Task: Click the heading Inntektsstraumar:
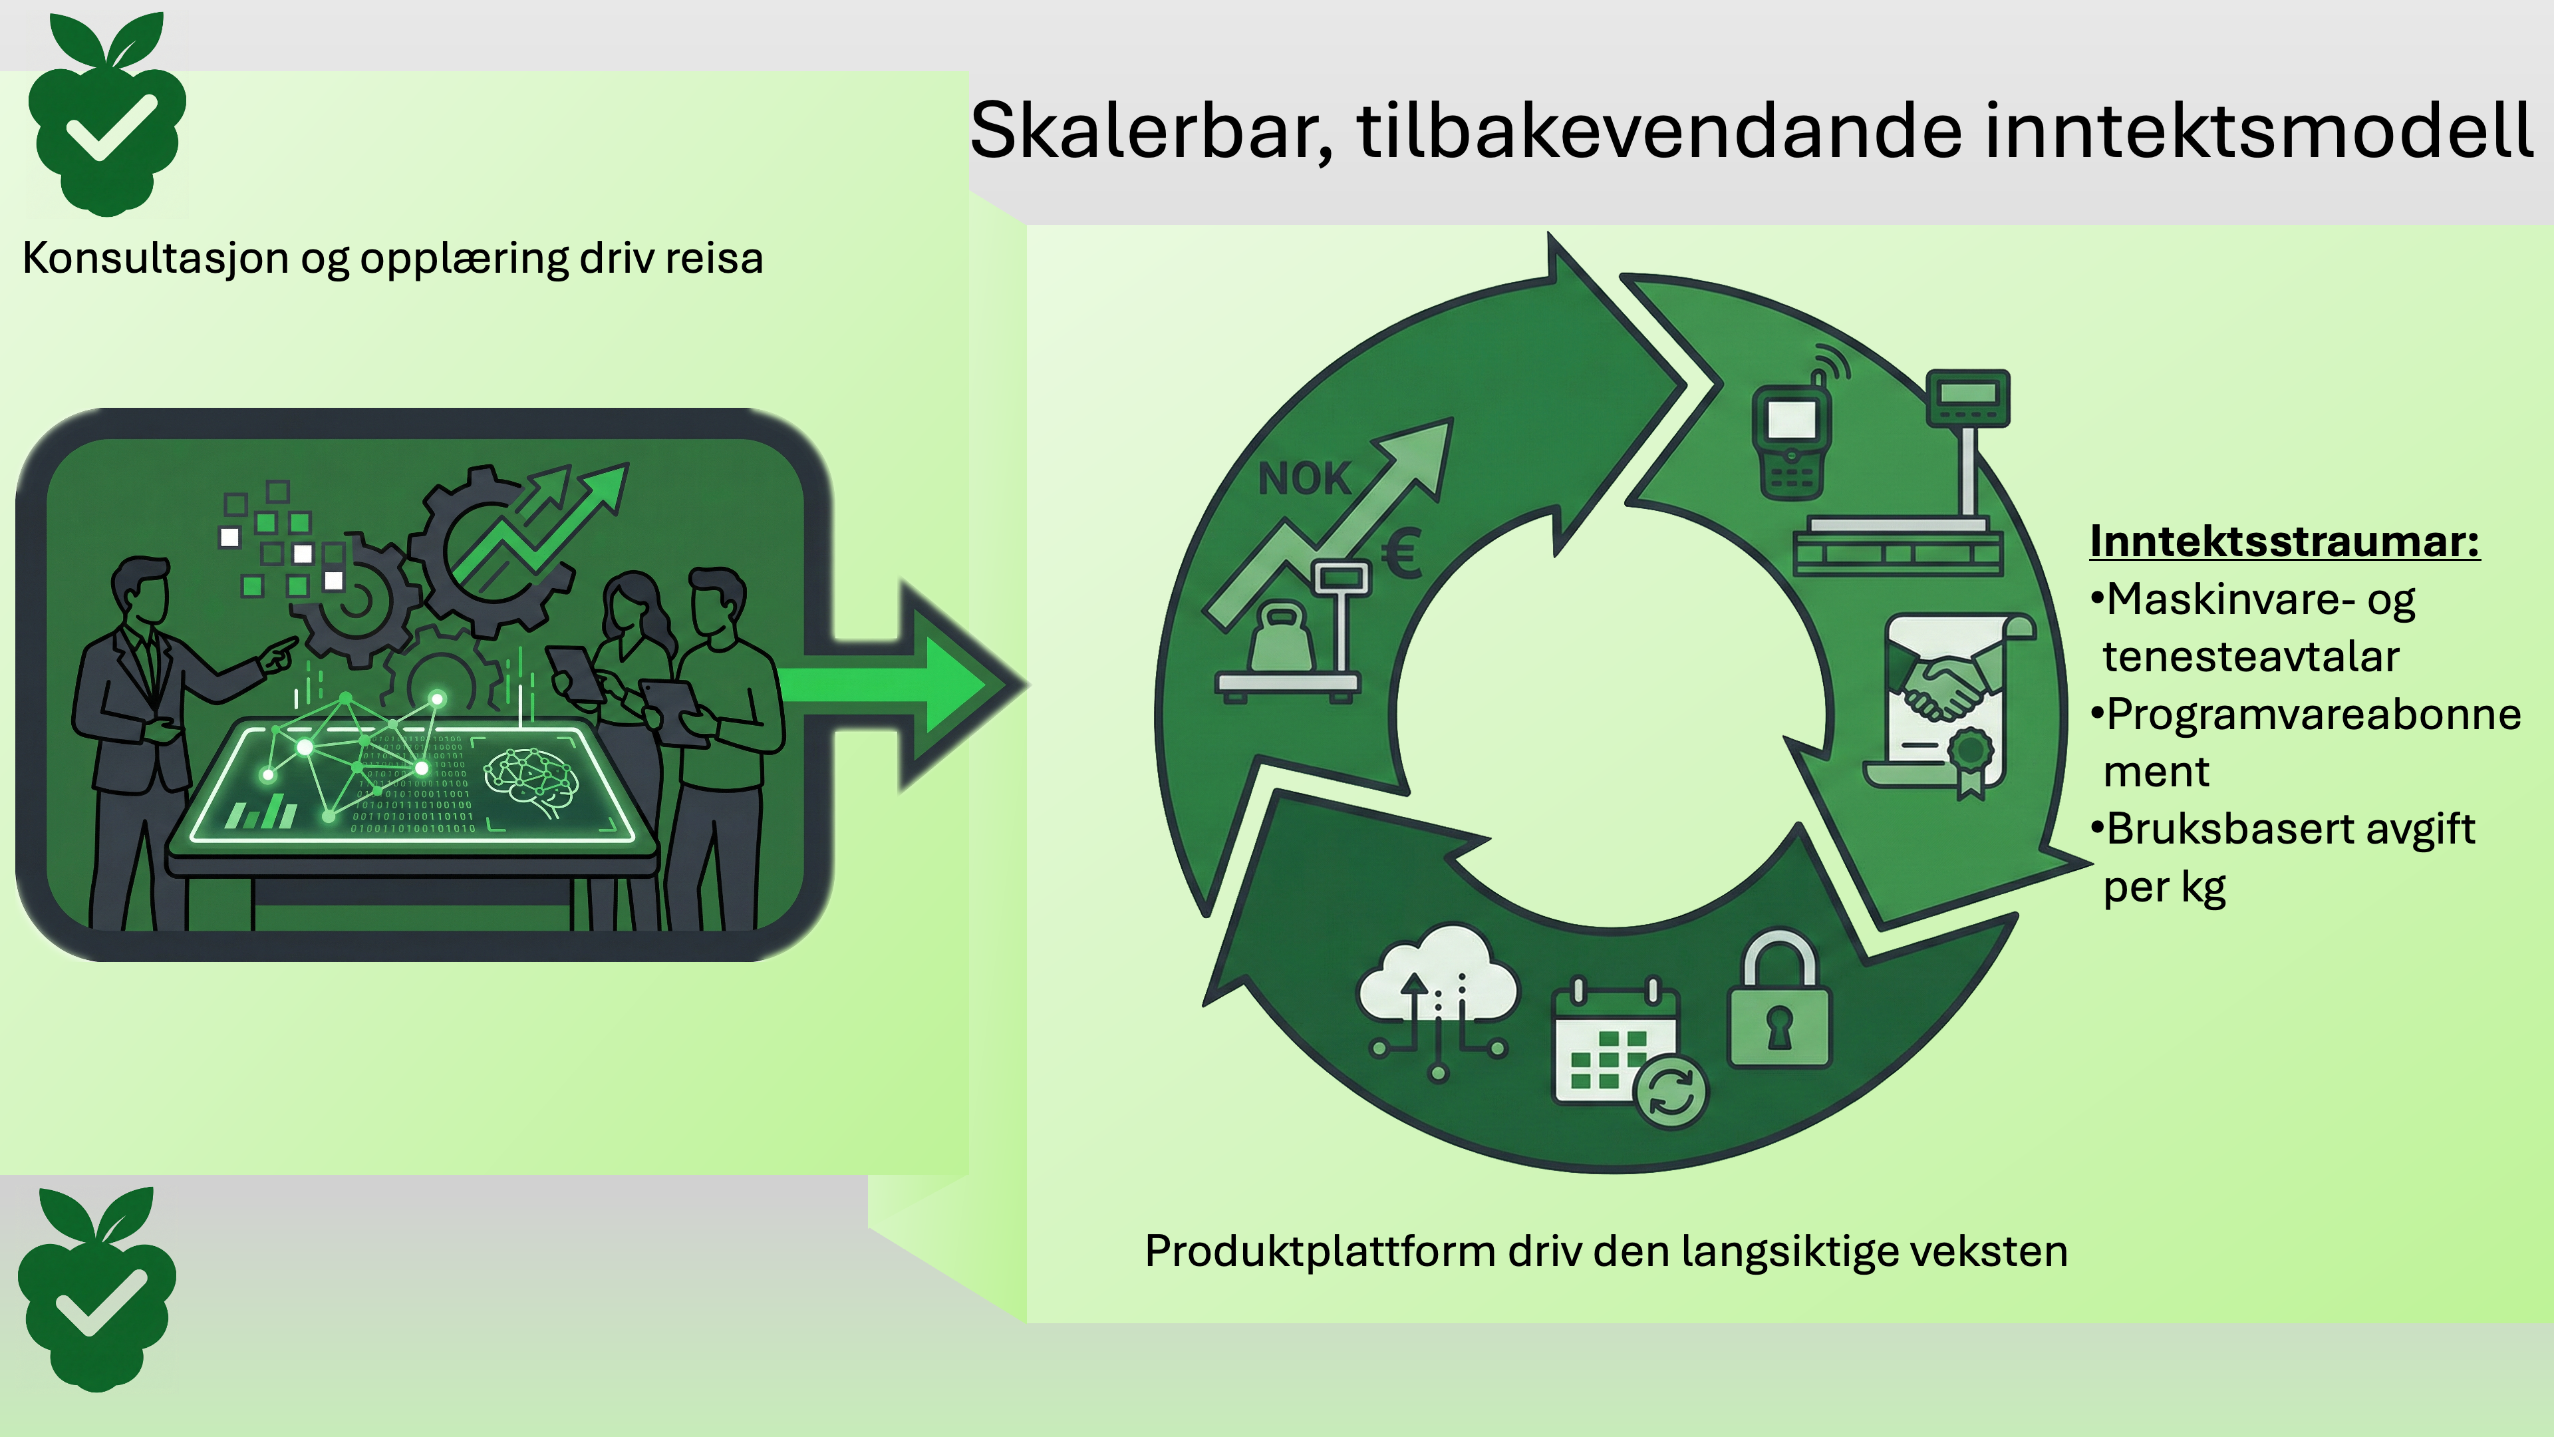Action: coord(2285,542)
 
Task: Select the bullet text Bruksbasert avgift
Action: coord(2290,829)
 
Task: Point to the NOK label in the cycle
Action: coord(1304,480)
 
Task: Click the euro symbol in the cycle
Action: coord(1403,552)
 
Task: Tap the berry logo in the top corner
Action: coord(107,114)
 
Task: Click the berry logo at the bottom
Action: coord(97,1289)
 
